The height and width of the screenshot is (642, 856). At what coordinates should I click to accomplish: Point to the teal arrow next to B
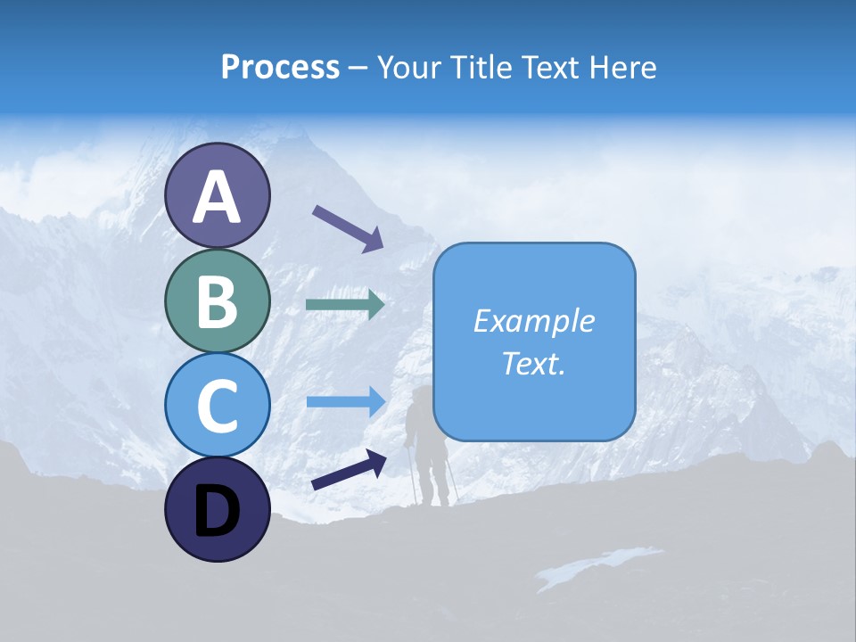tap(345, 305)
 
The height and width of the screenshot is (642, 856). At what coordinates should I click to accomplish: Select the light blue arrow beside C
tap(346, 402)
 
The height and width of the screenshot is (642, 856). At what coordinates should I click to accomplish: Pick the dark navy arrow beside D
tap(349, 470)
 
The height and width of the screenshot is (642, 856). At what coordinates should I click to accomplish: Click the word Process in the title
tap(280, 67)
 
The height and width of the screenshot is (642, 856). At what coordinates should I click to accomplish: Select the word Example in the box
tap(534, 321)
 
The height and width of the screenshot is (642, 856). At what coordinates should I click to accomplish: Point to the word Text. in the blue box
tap(534, 364)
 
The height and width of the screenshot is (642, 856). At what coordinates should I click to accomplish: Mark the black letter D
tap(218, 511)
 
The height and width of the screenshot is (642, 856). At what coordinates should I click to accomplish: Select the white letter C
tap(218, 406)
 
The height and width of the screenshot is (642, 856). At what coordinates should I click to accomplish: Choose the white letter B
tap(218, 301)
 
